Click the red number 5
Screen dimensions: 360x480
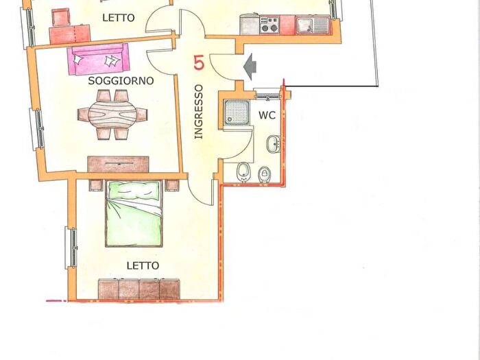[200, 62]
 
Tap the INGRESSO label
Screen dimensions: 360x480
[199, 112]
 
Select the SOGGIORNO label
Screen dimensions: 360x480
[121, 81]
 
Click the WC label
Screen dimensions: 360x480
[267, 115]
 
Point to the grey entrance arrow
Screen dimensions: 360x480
[250, 65]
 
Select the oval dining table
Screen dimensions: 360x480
[113, 116]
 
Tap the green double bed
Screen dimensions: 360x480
[134, 213]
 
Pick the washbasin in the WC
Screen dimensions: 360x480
[272, 145]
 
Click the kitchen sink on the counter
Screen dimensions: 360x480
[313, 25]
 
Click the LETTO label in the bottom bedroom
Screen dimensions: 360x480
[143, 265]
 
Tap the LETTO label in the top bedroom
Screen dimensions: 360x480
[119, 18]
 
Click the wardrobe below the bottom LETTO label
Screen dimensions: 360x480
[139, 289]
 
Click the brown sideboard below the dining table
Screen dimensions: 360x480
[118, 164]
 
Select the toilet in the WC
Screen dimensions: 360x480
[243, 172]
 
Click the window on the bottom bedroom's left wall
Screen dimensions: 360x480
[70, 249]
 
